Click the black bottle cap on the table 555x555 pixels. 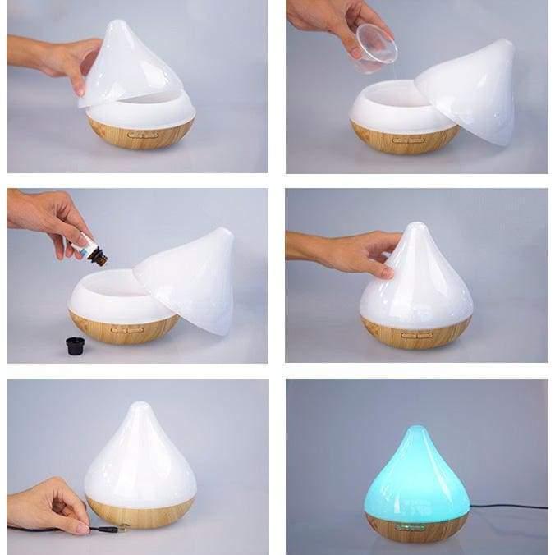[x=76, y=346]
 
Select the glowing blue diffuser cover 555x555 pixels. [x=417, y=476]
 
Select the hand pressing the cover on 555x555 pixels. [x=353, y=250]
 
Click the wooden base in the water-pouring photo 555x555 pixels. [x=403, y=139]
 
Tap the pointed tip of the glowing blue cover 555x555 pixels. [x=418, y=430]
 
